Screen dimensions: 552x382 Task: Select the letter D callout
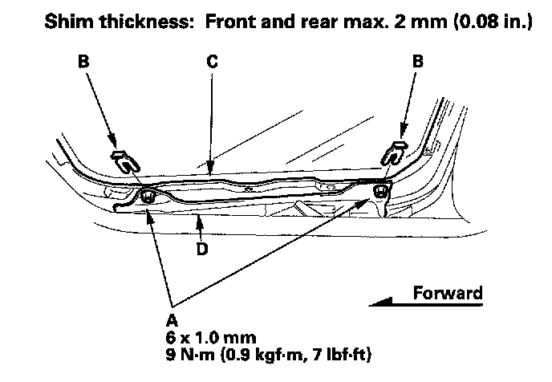coord(202,250)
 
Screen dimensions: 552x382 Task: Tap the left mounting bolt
coord(148,197)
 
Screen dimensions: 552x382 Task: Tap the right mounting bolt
coord(379,189)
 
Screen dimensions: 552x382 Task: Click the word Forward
coord(448,293)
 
